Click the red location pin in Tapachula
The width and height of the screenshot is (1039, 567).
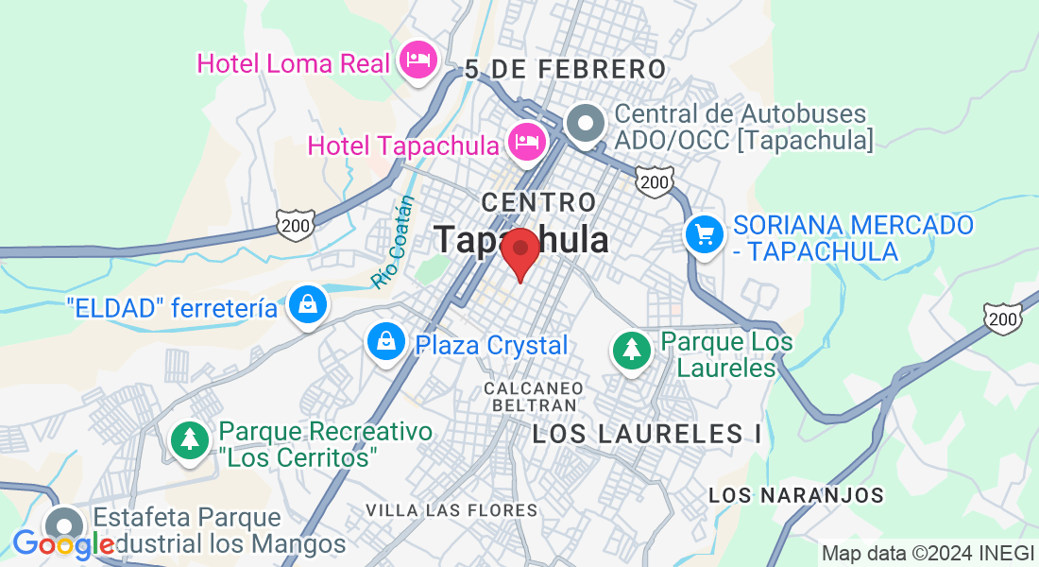click(x=519, y=250)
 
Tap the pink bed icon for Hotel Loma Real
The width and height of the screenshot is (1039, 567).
click(x=417, y=60)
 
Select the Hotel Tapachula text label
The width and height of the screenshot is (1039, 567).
click(x=403, y=146)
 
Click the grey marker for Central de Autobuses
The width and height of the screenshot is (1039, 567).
click(x=587, y=124)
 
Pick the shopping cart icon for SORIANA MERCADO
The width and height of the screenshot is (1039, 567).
click(x=704, y=233)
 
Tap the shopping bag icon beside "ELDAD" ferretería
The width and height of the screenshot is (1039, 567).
click(x=308, y=304)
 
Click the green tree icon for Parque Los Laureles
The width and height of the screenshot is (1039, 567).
click(x=631, y=350)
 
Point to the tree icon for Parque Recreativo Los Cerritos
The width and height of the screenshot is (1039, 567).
click(x=191, y=438)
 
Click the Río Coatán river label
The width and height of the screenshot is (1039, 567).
click(x=394, y=242)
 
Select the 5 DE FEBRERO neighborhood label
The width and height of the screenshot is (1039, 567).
click(x=566, y=69)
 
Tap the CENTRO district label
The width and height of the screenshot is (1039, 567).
click(x=538, y=201)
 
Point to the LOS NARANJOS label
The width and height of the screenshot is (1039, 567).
click(x=795, y=495)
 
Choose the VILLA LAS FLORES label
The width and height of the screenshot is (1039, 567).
click(x=451, y=510)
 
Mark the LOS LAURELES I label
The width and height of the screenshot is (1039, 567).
click(x=647, y=435)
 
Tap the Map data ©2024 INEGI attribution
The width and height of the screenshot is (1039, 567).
click(x=927, y=553)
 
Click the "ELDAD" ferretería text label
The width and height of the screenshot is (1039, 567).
click(x=172, y=308)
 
